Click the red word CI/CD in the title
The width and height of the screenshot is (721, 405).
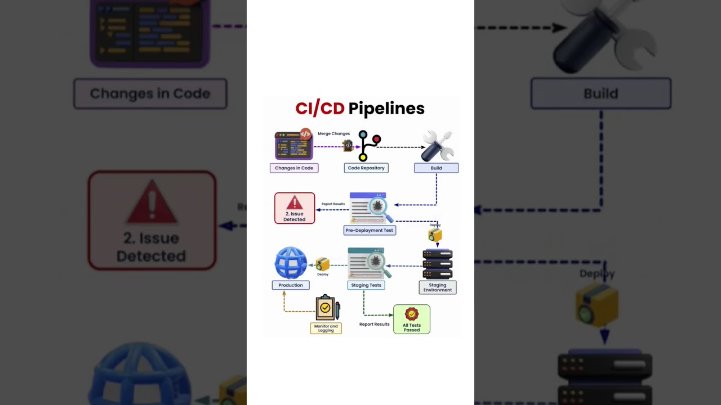click(319, 108)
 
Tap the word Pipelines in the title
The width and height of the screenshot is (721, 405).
click(386, 108)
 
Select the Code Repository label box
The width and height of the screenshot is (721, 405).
click(366, 168)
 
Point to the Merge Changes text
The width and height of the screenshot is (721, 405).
click(333, 134)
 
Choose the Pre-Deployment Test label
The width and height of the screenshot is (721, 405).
click(370, 230)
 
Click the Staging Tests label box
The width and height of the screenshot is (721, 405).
click(366, 285)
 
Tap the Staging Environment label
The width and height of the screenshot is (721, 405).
click(438, 287)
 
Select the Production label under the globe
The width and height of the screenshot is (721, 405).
click(291, 285)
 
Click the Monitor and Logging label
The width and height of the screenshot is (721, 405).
click(326, 328)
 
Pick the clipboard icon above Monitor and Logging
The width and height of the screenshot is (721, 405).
click(327, 308)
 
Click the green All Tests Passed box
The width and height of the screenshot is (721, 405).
click(412, 319)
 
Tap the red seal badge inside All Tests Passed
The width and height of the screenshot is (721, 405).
click(412, 314)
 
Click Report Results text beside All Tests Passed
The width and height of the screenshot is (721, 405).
click(375, 324)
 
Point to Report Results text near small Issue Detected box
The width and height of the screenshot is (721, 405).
click(333, 204)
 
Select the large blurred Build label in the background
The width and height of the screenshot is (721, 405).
click(600, 93)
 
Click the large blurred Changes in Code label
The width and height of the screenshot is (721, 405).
click(150, 93)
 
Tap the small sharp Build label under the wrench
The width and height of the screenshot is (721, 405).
click(436, 168)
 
